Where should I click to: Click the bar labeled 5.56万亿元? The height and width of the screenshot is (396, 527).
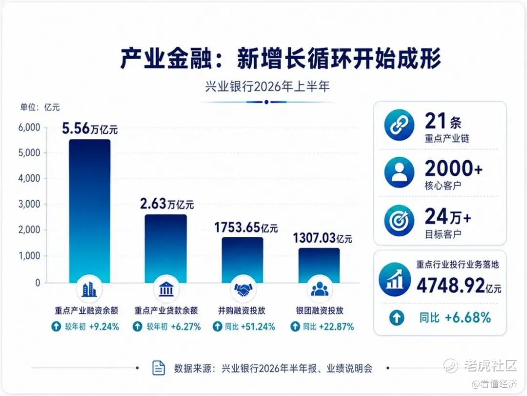pos(89,211)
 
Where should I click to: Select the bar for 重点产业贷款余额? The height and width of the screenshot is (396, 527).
pos(166,249)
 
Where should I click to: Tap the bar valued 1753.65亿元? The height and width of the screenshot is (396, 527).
pos(243,260)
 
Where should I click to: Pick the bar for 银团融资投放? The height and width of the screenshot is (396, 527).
pos(319,266)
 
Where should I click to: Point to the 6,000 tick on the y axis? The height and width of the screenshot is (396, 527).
pos(29,127)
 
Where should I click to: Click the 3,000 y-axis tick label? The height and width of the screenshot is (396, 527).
pos(29,204)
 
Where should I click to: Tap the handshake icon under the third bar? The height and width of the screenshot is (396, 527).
pos(243,289)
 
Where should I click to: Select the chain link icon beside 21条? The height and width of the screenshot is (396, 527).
pos(399,125)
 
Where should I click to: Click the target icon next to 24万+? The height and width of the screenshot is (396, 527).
pos(399,220)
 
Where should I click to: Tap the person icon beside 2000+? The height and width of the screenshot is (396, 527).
pos(399,172)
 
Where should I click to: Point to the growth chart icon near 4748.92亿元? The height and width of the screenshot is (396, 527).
pos(395,280)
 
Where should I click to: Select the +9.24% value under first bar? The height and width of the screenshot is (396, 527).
pos(104,327)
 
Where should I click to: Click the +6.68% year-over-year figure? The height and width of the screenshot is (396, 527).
pos(468,317)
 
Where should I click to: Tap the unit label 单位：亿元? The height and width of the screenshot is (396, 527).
pos(40,107)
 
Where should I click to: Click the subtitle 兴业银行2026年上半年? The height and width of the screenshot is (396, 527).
pos(267,87)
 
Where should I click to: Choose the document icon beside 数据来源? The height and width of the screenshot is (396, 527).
pos(159,368)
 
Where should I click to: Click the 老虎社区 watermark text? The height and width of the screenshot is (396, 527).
pos(490,365)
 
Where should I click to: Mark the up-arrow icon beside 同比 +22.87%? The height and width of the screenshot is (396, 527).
pos(295,326)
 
